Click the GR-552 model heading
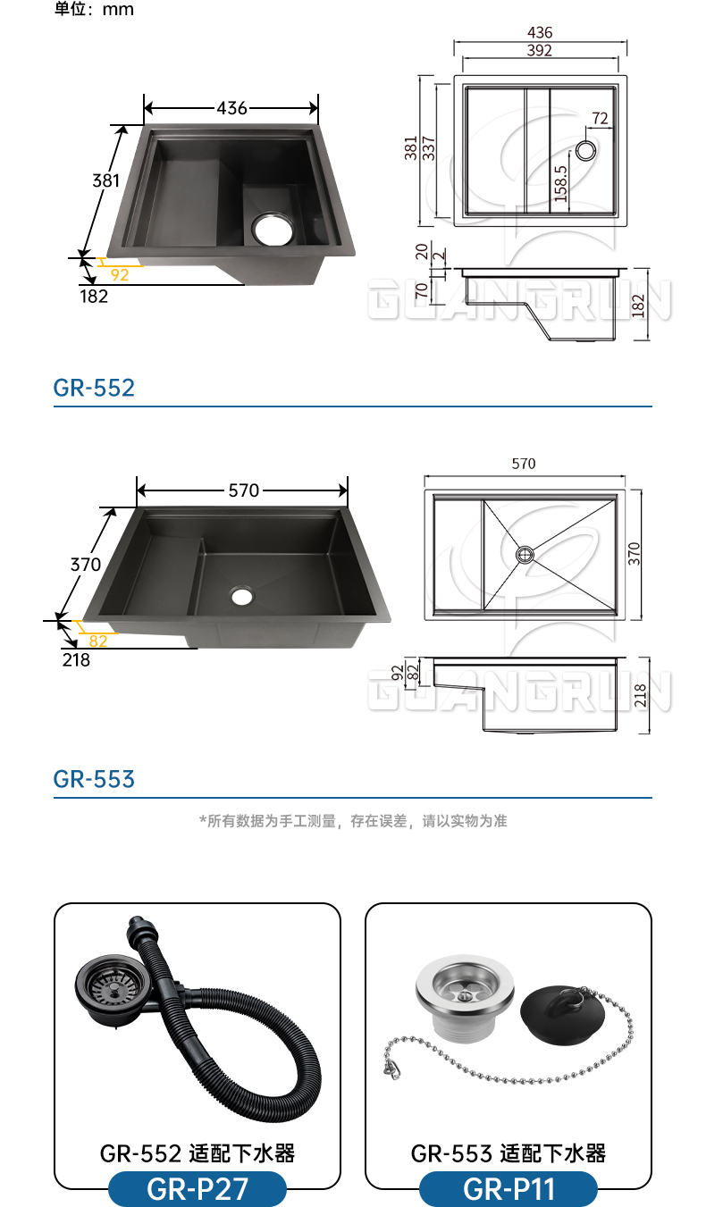click(x=94, y=388)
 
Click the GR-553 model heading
click(x=94, y=779)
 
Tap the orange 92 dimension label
click(x=120, y=275)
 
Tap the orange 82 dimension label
click(x=98, y=641)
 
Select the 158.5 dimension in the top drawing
click(x=561, y=184)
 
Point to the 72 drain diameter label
click(x=600, y=118)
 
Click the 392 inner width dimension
click(x=540, y=50)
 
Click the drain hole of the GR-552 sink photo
click(x=273, y=229)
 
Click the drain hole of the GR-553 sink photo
click(x=242, y=595)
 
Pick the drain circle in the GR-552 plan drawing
click(x=586, y=150)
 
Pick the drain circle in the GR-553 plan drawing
click(x=525, y=555)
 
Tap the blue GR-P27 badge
click(x=198, y=1189)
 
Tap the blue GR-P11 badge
click(x=508, y=1189)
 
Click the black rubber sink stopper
click(x=562, y=1014)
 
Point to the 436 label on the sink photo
click(x=232, y=108)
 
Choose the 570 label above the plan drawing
click(x=524, y=464)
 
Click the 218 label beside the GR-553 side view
click(x=640, y=695)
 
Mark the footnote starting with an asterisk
click(x=353, y=821)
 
